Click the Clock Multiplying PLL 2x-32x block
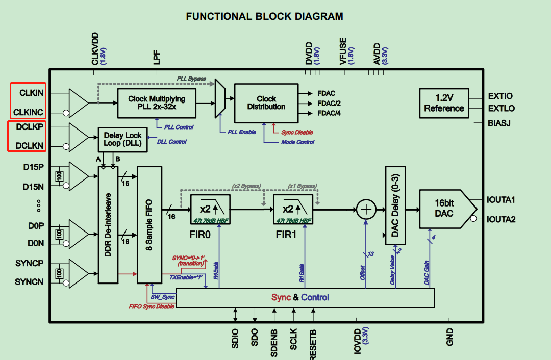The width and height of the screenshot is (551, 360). coord(156,102)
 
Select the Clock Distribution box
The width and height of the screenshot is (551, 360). coord(266,102)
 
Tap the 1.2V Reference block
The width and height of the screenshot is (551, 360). coord(444,102)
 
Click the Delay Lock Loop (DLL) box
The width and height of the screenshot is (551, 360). coord(122,139)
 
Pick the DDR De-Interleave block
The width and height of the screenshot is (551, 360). coord(108,224)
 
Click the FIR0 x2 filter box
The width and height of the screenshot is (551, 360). coord(210,209)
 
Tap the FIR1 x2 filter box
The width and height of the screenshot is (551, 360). coord(293,209)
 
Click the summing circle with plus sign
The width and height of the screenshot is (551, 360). coord(366,209)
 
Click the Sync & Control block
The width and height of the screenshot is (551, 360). coord(305,297)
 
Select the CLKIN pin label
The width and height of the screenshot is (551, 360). coord(32,93)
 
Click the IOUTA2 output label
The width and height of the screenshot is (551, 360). coord(501,220)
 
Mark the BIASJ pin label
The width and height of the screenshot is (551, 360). coord(499,123)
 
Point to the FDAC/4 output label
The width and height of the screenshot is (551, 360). coord(329,113)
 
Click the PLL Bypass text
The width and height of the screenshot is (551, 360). coord(191,79)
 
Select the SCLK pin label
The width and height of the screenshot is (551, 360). coord(293,339)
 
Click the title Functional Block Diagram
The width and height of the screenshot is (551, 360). coord(264,16)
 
